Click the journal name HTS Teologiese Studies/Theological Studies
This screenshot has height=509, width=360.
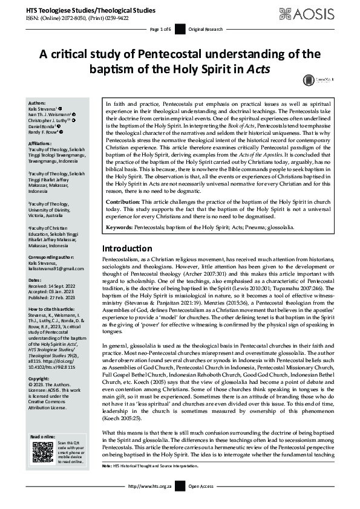(x=81, y=10)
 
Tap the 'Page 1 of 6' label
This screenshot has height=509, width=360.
(x=162, y=29)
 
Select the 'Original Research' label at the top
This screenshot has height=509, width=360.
(x=204, y=29)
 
